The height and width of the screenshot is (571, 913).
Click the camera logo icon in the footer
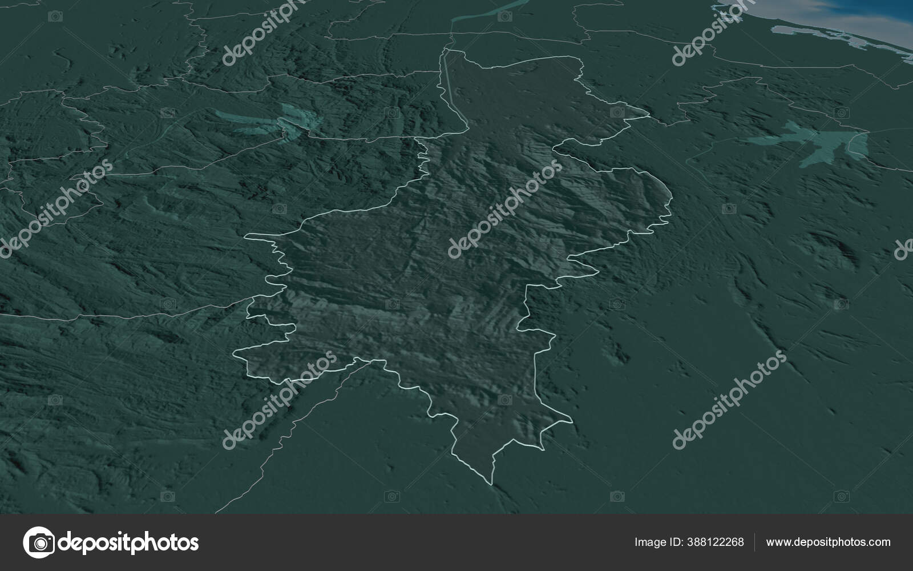point(39,542)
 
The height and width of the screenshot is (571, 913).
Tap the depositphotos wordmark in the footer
point(129,542)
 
